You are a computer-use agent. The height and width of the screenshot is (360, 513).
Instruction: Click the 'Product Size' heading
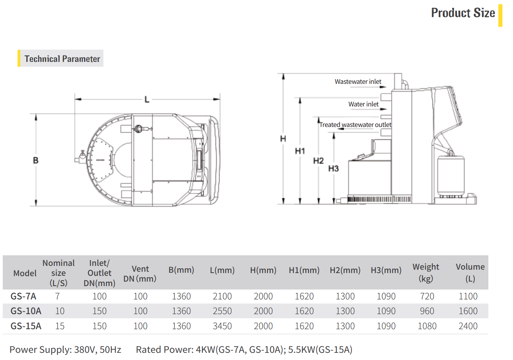pyautogui.click(x=463, y=13)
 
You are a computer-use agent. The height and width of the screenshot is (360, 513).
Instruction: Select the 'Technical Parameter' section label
pyautogui.click(x=62, y=59)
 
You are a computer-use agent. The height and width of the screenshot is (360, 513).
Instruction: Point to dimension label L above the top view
pyautogui.click(x=147, y=100)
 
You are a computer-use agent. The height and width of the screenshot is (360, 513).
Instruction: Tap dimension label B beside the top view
pyautogui.click(x=36, y=160)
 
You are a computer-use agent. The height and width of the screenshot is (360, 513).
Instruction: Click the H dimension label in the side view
pyautogui.click(x=283, y=139)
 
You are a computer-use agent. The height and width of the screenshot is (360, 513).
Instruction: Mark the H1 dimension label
pyautogui.click(x=300, y=151)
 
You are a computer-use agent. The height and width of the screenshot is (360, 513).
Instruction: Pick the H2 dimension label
pyautogui.click(x=318, y=160)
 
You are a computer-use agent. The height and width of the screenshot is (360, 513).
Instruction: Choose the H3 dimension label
pyautogui.click(x=333, y=168)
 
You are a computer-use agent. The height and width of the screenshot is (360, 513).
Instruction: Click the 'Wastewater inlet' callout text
pyautogui.click(x=358, y=81)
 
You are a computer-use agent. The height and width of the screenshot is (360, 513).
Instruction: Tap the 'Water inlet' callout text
pyautogui.click(x=363, y=104)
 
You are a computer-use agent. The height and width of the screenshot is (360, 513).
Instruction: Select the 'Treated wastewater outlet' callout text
pyautogui.click(x=355, y=125)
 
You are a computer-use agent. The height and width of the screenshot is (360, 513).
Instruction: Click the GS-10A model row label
pyautogui.click(x=26, y=311)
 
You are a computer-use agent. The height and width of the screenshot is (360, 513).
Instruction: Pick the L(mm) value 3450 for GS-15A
pyautogui.click(x=222, y=326)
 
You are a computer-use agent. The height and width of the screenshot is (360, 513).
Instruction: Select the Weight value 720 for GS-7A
pyautogui.click(x=427, y=296)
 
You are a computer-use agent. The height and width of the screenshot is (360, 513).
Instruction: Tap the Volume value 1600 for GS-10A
pyautogui.click(x=468, y=311)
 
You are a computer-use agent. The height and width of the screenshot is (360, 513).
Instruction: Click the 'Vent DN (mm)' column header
pyautogui.click(x=140, y=274)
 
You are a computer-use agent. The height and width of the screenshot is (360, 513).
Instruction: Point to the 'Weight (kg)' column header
pyautogui.click(x=426, y=272)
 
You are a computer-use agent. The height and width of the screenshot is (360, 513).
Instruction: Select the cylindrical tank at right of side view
pyautogui.click(x=451, y=176)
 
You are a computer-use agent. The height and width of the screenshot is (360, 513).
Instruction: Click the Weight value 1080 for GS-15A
pyautogui.click(x=427, y=326)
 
